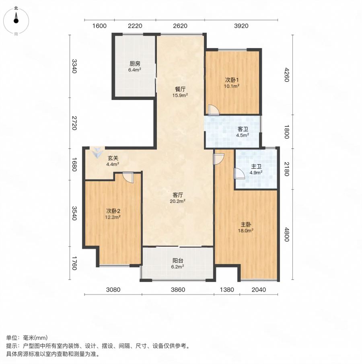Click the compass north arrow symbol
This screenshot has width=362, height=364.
coord(16,18)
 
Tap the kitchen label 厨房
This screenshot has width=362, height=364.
coord(135,64)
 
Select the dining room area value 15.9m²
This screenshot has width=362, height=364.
coord(180,95)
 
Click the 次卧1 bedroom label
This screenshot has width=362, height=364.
coord(232,80)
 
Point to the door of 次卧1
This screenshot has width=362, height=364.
coord(213,109)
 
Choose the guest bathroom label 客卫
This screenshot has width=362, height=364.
coord(243,129)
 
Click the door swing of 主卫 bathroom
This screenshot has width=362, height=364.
coord(239,173)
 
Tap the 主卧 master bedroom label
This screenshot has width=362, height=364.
coord(246,225)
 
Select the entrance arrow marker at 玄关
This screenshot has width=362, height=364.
coord(97,152)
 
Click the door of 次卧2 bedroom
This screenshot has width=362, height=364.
coord(128,177)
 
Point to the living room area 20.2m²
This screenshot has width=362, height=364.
coord(177,201)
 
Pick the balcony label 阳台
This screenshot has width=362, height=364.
coord(177,261)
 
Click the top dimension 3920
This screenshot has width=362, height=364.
coord(241,26)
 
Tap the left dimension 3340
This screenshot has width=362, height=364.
coord(74,66)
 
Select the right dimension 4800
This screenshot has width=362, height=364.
coord(287,234)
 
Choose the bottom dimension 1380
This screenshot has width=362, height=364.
coord(227,290)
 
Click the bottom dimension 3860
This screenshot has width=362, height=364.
coord(178,290)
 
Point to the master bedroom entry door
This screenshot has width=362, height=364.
coord(218,159)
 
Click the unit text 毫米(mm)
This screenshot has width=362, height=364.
coord(35,338)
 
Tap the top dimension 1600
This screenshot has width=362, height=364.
coord(99,26)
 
